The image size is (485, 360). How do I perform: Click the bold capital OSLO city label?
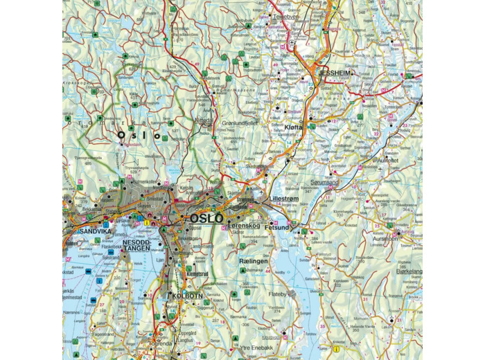tap(206, 218)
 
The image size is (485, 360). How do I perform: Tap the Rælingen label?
tap(253, 261)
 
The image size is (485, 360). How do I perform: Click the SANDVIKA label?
tap(82, 231)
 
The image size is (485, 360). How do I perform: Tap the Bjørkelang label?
tap(408, 272)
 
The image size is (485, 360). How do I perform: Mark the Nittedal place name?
tap(205, 119)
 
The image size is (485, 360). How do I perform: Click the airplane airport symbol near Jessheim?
tap(293, 43)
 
